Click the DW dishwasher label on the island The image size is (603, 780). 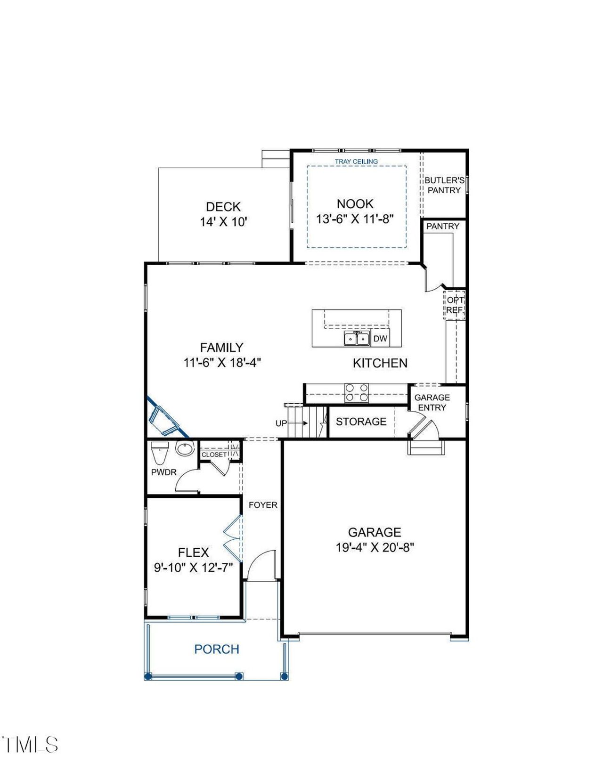click(380, 338)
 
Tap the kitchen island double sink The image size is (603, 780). click(356, 338)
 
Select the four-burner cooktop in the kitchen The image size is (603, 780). click(357, 393)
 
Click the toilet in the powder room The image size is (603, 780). click(160, 452)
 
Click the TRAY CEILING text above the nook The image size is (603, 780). click(356, 162)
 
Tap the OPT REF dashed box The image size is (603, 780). click(455, 305)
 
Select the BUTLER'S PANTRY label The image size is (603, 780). click(444, 185)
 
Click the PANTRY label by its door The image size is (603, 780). click(442, 226)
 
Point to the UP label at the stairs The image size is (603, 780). click(281, 423)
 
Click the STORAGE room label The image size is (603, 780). click(361, 422)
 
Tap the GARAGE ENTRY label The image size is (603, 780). click(432, 402)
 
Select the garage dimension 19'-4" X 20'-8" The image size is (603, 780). click(375, 547)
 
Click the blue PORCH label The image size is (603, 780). click(217, 649)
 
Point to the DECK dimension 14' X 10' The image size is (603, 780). click(223, 222)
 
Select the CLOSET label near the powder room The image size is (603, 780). click(214, 455)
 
